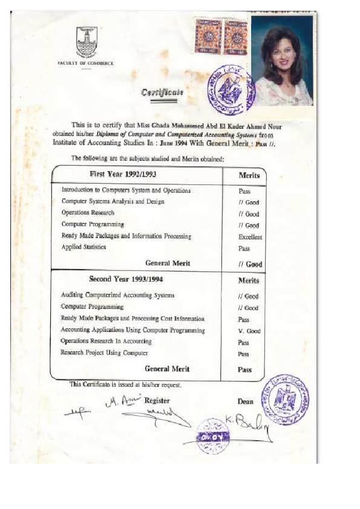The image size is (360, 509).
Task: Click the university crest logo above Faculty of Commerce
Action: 85,44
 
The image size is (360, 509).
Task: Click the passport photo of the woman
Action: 281,60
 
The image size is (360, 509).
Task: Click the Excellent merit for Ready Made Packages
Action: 250,237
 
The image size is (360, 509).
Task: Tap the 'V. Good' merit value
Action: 249,331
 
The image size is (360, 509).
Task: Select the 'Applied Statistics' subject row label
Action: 83,247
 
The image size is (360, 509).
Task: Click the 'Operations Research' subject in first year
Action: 88,213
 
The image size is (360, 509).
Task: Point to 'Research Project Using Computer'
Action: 104,352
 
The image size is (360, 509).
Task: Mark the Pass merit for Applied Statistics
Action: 244,248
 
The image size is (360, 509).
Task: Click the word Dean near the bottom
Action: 246,401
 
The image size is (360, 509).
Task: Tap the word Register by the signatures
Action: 157,400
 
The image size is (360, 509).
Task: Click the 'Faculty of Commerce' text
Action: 85,63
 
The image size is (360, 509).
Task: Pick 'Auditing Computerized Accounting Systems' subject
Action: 118,295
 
